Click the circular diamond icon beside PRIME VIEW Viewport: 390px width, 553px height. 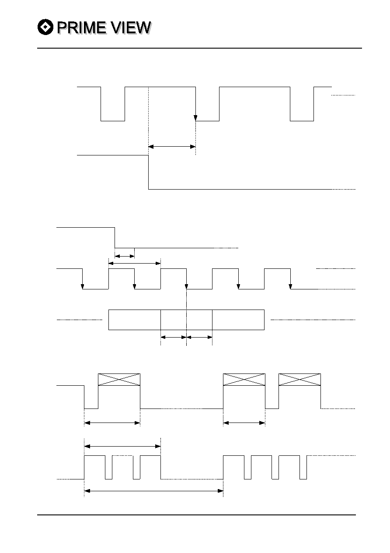(45, 27)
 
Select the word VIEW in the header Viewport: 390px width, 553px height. (131, 28)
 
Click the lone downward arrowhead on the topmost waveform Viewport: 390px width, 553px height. (195, 118)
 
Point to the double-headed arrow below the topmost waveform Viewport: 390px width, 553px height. (172, 147)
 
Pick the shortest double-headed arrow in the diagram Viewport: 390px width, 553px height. (125, 256)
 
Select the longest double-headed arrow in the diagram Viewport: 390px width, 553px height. (153, 491)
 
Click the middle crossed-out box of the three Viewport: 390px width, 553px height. (244, 380)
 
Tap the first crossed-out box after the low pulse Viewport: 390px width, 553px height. (119, 380)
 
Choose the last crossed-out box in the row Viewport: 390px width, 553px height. (299, 380)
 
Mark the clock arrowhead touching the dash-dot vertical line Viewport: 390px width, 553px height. (186, 286)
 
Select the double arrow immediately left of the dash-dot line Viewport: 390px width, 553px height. (174, 337)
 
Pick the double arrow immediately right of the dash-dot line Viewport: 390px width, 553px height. (199, 337)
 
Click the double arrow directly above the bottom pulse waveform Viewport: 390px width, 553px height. (122, 446)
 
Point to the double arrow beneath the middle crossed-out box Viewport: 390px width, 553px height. (244, 423)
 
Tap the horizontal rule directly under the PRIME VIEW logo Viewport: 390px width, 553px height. (199, 48)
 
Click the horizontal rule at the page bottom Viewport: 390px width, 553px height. (196, 515)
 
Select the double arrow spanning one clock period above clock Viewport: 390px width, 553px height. (135, 264)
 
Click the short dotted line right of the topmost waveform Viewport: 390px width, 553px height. (343, 95)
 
